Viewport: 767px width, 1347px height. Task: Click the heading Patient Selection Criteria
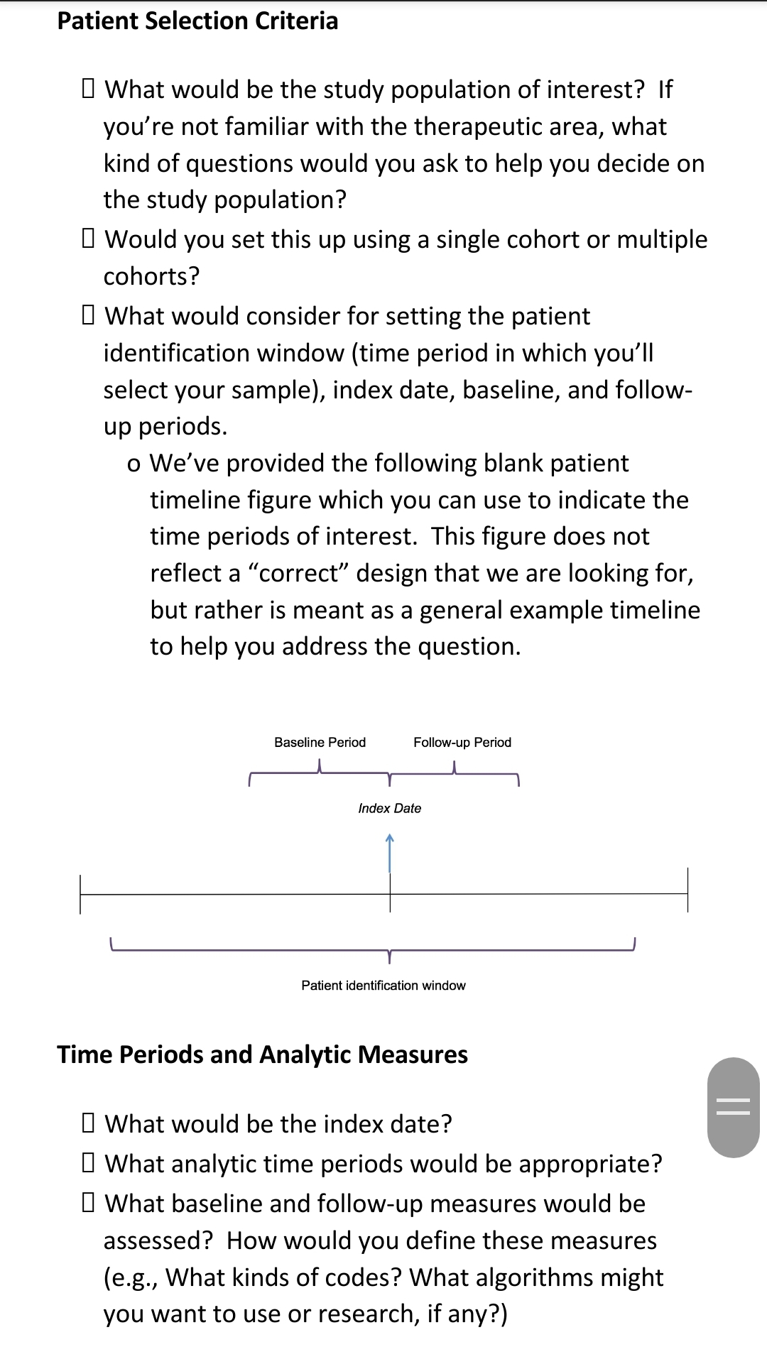click(x=197, y=21)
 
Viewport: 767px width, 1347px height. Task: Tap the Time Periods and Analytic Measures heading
click(x=262, y=1054)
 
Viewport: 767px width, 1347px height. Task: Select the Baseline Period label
click(x=320, y=742)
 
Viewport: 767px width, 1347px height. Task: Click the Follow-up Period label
click(x=462, y=742)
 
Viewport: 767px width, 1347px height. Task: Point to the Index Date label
click(x=389, y=808)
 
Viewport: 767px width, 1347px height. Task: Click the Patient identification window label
click(x=383, y=986)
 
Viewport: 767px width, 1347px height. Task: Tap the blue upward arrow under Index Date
click(x=389, y=853)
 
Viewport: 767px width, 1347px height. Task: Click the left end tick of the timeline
click(x=80, y=894)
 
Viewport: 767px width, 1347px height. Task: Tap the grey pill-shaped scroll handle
click(x=734, y=1108)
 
